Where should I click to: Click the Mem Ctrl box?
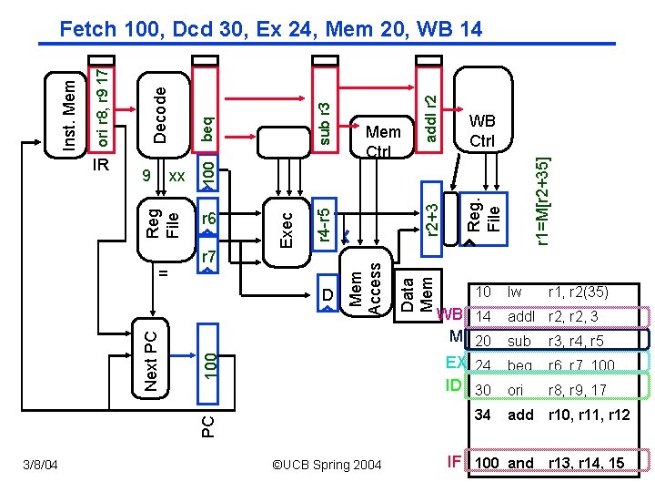383,138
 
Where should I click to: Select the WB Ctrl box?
481,130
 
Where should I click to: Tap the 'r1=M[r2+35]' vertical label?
542,200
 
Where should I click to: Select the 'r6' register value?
208,219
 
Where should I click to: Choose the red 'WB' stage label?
451,314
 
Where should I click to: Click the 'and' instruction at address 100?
520,463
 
